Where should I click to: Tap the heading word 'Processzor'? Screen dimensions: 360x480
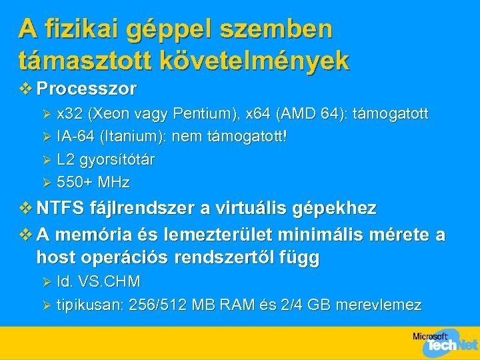coord(87,89)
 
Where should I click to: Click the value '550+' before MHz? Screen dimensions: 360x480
coord(74,183)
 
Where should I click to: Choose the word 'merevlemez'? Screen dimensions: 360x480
coord(379,305)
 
